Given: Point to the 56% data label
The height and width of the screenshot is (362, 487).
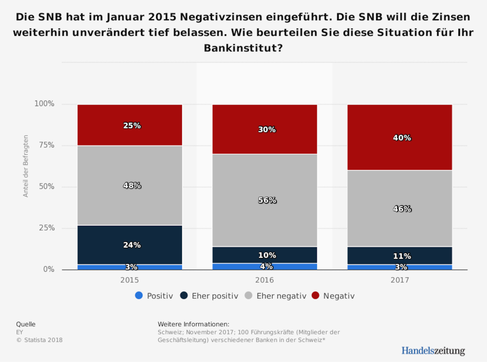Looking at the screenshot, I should pyautogui.click(x=267, y=200).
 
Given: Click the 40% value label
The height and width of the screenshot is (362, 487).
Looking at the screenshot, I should pyautogui.click(x=402, y=138).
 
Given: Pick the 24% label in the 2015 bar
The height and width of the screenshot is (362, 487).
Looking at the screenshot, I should pyautogui.click(x=132, y=245).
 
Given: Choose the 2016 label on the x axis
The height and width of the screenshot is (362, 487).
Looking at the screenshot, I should pyautogui.click(x=264, y=280).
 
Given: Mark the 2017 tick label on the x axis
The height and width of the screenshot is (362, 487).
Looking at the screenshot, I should pyautogui.click(x=400, y=280).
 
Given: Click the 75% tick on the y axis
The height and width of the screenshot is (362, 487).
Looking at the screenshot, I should pyautogui.click(x=46, y=145).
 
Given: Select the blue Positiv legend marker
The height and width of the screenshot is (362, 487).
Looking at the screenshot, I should pyautogui.click(x=139, y=296).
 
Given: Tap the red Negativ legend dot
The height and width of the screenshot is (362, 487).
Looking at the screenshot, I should pyautogui.click(x=316, y=296).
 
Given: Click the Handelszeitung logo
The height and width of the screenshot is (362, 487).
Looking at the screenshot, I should pyautogui.click(x=433, y=350).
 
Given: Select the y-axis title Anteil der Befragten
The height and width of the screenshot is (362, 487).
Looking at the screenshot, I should pyautogui.click(x=26, y=166).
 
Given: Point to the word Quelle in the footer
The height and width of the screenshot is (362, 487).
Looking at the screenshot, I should pyautogui.click(x=26, y=324).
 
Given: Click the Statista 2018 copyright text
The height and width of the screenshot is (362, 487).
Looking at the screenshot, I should pyautogui.click(x=39, y=340).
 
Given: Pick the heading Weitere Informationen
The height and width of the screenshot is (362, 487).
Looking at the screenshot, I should pyautogui.click(x=193, y=324).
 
